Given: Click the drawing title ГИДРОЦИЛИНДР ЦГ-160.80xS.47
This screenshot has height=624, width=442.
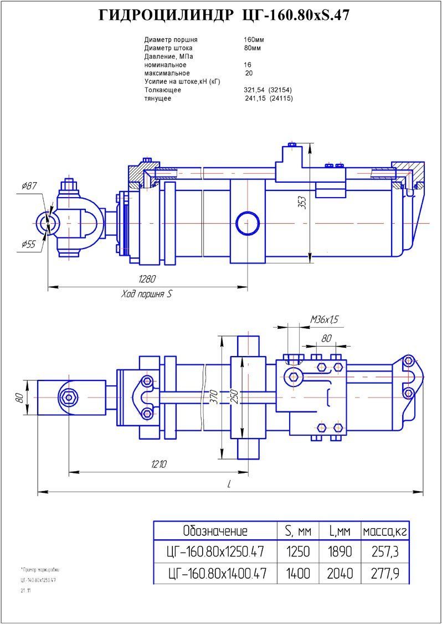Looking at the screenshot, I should click(x=224, y=16).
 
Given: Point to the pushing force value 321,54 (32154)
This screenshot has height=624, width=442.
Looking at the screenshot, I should click(x=268, y=90).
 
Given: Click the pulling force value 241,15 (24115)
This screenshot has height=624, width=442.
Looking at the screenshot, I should click(x=269, y=98).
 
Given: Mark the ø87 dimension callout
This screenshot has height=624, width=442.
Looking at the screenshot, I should click(x=29, y=187).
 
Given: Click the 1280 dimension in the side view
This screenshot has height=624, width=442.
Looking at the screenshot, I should click(x=146, y=279).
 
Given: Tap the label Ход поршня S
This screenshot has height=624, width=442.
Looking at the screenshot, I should click(x=147, y=295).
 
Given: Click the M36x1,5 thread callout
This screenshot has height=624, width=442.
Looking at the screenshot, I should click(x=324, y=319).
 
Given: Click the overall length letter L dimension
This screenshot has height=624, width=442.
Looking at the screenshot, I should click(x=229, y=484).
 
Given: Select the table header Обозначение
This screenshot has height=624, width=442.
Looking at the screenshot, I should click(x=215, y=531).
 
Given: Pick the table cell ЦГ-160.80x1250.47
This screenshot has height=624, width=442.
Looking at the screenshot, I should click(x=215, y=552).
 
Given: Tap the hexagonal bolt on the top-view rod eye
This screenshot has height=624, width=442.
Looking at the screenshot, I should click(x=69, y=397).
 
